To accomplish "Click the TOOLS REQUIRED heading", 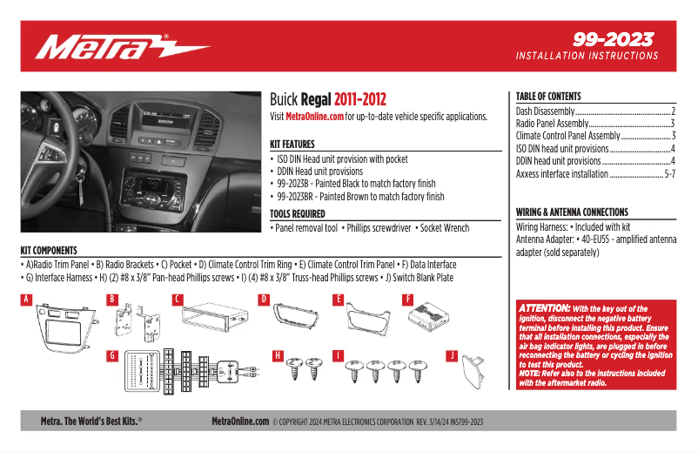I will pos(298,213).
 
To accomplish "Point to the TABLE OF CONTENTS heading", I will pos(548,97).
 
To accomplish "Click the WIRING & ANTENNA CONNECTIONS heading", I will pos(572,212).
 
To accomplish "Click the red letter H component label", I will pos(279,356).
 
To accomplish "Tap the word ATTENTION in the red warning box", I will pos(544,308).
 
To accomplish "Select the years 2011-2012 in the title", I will pos(360,100).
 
